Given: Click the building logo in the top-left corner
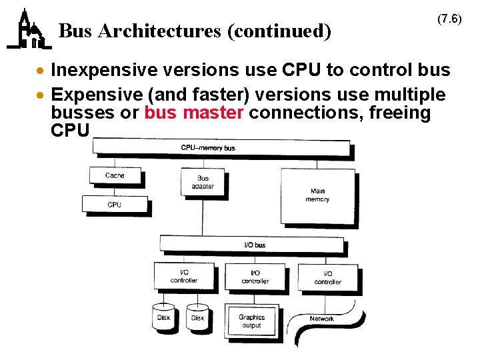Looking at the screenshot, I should point(28,30).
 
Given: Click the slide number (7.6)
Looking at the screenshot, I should point(449,19).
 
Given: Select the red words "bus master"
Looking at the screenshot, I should point(194,113).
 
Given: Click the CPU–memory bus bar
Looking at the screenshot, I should point(221,147).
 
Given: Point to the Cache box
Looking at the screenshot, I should point(115,175).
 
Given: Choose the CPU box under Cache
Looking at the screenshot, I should point(115,204).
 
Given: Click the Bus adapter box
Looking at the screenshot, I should point(203,182).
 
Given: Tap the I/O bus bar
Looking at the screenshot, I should point(255,245).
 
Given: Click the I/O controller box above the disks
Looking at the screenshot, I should point(184,277).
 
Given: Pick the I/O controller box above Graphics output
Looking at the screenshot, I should point(255,277).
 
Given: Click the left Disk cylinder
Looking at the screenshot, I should point(164,317).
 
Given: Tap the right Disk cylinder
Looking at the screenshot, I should point(198,317).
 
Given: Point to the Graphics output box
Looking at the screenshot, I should point(252,321).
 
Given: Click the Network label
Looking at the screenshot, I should point(322,319).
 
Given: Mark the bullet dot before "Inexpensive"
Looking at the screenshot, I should point(41,71).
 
